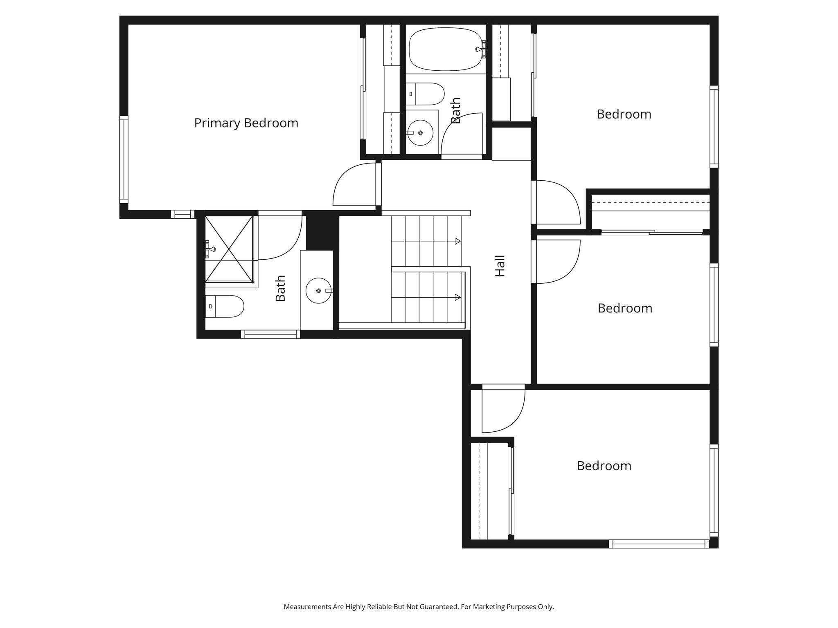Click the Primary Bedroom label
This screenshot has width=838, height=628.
tap(246, 123)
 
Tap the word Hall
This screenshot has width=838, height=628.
tap(500, 266)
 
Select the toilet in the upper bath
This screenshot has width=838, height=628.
tap(426, 94)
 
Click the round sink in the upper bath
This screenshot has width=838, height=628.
tap(421, 132)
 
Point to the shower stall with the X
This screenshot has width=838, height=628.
tap(229, 249)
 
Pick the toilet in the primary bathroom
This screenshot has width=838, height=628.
tap(225, 306)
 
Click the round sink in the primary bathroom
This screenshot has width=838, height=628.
tap(318, 290)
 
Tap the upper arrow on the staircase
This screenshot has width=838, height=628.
tap(457, 241)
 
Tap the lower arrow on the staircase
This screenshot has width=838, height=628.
tap(457, 297)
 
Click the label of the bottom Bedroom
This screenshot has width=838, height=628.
tap(604, 466)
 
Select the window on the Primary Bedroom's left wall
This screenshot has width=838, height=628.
tap(124, 159)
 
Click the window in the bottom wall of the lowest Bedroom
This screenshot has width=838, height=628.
tap(658, 544)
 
